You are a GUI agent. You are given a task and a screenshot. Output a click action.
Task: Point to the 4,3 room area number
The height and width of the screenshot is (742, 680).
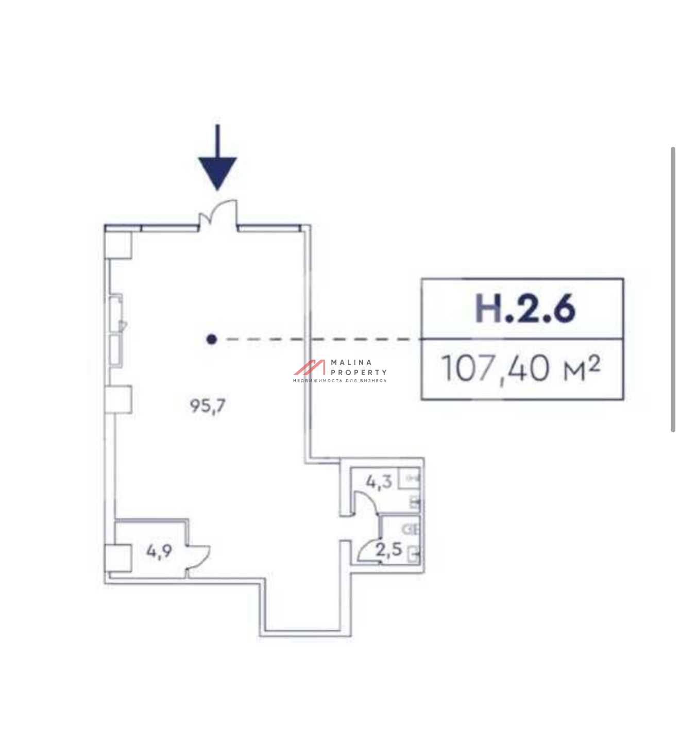point(379,482)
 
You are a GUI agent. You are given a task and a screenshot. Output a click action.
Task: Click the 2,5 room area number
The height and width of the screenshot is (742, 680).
point(389,549)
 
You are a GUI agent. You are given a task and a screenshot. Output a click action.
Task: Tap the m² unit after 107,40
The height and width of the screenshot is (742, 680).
point(582,369)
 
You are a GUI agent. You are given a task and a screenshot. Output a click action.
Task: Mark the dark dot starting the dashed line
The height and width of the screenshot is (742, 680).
point(211,339)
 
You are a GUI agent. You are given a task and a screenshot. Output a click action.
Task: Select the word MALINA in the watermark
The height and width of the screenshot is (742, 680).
point(346,362)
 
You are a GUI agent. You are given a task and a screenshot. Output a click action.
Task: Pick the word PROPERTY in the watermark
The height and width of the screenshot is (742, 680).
point(359,372)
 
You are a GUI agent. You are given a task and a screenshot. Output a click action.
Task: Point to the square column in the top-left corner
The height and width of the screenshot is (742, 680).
point(118,245)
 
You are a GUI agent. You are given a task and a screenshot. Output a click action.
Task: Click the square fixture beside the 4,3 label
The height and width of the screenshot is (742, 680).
point(409,479)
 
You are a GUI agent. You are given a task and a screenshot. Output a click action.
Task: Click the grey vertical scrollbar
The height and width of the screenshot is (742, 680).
point(673,290)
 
